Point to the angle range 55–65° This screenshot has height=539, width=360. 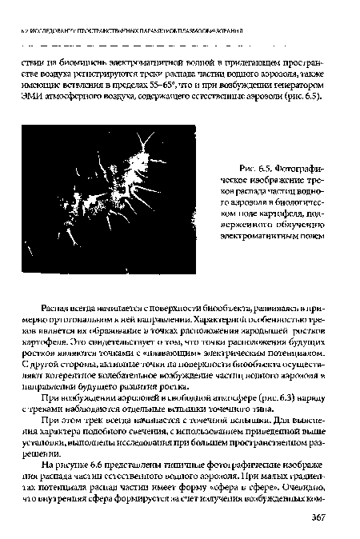coord(202,83)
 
